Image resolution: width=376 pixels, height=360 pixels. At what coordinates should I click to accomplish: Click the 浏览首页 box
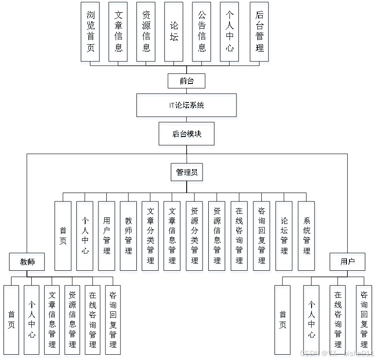91,33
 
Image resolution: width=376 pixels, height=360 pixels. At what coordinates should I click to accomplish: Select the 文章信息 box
118,33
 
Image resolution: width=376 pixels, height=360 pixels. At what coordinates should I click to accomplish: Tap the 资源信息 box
147,33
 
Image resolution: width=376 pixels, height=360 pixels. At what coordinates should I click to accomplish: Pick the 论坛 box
174,33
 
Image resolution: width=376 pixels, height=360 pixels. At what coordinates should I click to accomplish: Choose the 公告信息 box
202,33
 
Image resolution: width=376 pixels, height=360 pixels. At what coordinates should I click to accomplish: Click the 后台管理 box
260,33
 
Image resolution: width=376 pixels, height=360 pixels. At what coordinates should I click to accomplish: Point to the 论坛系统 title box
188,106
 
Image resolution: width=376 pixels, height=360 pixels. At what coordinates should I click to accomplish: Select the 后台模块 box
188,135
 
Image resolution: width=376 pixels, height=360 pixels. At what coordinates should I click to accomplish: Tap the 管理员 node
188,174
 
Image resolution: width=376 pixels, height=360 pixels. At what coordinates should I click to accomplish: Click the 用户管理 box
107,237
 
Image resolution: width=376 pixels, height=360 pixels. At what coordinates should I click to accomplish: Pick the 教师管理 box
128,237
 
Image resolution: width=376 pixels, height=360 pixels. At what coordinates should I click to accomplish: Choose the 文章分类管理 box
151,237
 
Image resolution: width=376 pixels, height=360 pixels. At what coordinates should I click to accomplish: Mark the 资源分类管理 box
195,237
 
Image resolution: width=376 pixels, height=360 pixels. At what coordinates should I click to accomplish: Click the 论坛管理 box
285,237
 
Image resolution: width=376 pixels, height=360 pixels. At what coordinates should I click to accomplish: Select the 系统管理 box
307,237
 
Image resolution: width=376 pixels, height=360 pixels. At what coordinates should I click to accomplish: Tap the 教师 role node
27,263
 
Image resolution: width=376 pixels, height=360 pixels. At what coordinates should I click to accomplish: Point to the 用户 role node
348,263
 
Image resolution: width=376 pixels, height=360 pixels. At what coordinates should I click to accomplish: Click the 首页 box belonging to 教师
12,321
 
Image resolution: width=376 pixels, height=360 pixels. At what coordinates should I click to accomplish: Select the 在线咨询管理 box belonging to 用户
338,321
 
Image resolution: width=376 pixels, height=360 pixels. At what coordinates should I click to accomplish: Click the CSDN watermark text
337,353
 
